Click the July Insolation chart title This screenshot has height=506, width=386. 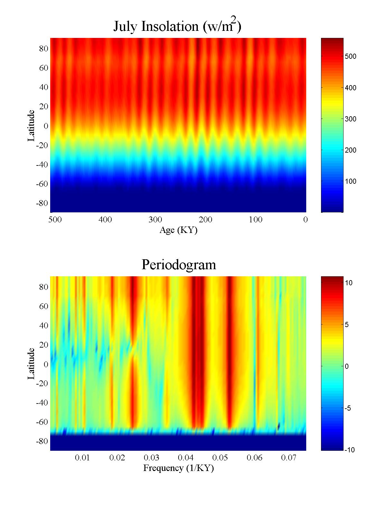click(x=177, y=26)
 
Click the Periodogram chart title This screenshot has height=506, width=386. click(x=179, y=265)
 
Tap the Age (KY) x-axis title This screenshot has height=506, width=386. click(x=178, y=230)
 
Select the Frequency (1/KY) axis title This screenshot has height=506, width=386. click(x=179, y=468)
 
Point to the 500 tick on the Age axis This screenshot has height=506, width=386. click(x=55, y=220)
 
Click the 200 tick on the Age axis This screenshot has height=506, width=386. click(x=205, y=220)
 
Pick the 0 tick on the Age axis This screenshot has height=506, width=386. click(x=306, y=220)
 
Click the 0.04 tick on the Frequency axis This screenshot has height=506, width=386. click(x=186, y=458)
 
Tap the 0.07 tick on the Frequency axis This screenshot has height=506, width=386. click(x=289, y=458)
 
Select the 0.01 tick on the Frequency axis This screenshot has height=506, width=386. click(x=82, y=458)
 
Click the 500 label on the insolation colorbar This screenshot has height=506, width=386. click(x=350, y=57)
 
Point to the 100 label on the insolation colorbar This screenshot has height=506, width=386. click(x=350, y=182)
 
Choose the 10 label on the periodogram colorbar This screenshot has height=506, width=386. click(x=349, y=283)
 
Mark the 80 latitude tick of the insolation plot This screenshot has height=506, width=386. click(x=43, y=49)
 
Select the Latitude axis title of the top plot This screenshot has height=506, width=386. click(x=31, y=126)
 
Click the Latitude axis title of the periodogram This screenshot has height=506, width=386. click(x=31, y=364)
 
